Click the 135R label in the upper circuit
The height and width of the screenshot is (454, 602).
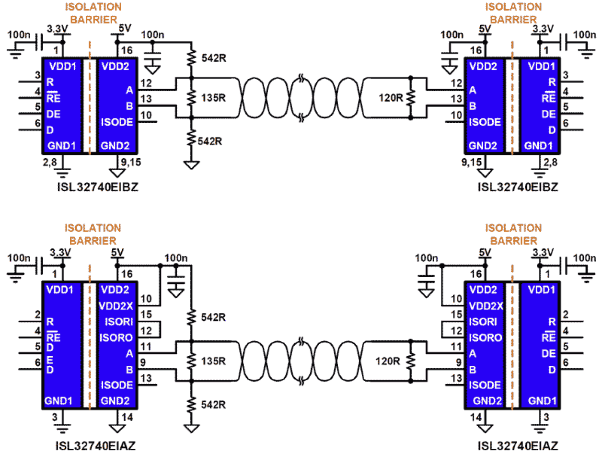[215, 97]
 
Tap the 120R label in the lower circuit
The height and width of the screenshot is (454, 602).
[388, 361]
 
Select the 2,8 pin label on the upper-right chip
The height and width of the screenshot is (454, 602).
[552, 163]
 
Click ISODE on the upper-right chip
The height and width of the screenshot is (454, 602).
[485, 122]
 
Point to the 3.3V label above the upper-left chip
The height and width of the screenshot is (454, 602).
[58, 30]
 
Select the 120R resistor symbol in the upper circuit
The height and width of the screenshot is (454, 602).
[410, 97]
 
